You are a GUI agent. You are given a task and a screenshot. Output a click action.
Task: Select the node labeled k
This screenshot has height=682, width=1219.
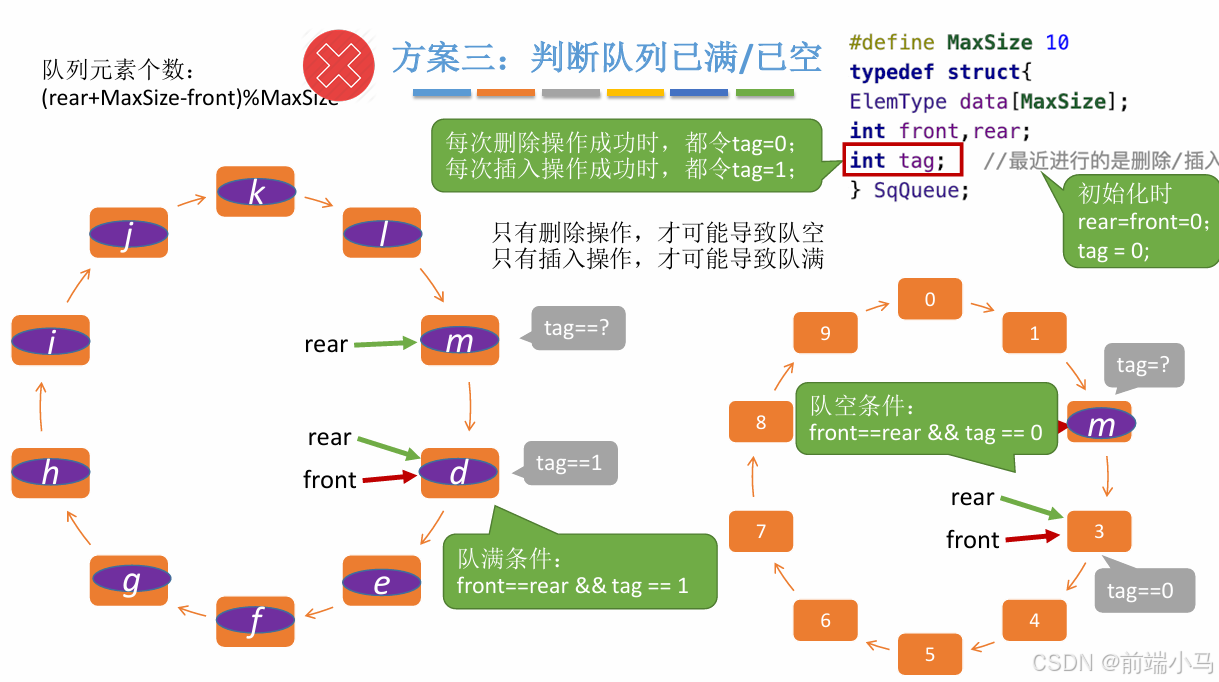tap(256, 191)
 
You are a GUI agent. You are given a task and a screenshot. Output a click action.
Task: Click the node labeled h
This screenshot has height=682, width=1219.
tap(50, 473)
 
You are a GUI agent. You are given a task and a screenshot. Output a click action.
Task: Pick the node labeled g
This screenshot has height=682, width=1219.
tap(130, 580)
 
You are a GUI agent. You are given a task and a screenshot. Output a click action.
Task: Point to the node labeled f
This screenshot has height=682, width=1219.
tap(256, 621)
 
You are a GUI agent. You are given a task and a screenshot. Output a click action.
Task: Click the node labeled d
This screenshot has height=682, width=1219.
tap(459, 473)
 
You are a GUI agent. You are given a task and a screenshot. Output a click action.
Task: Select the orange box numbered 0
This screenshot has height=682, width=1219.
tap(930, 299)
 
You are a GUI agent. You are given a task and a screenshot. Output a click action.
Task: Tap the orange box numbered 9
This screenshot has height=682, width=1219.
tap(825, 333)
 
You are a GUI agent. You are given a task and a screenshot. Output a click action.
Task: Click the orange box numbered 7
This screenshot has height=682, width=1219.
tap(761, 531)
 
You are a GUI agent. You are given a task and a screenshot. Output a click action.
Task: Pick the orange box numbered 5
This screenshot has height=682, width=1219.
tap(930, 654)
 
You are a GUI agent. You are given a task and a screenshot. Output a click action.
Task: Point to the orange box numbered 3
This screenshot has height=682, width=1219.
tap(1099, 531)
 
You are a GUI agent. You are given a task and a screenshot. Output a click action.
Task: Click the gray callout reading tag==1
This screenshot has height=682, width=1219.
tap(569, 463)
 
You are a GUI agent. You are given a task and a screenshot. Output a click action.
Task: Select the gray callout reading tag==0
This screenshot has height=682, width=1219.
tap(1145, 590)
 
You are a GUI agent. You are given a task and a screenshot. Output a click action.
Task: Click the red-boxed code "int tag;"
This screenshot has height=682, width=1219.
tap(901, 160)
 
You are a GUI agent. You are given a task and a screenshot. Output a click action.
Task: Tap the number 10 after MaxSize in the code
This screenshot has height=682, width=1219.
tap(1057, 42)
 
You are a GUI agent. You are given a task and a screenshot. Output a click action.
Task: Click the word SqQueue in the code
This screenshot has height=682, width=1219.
tap(920, 190)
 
